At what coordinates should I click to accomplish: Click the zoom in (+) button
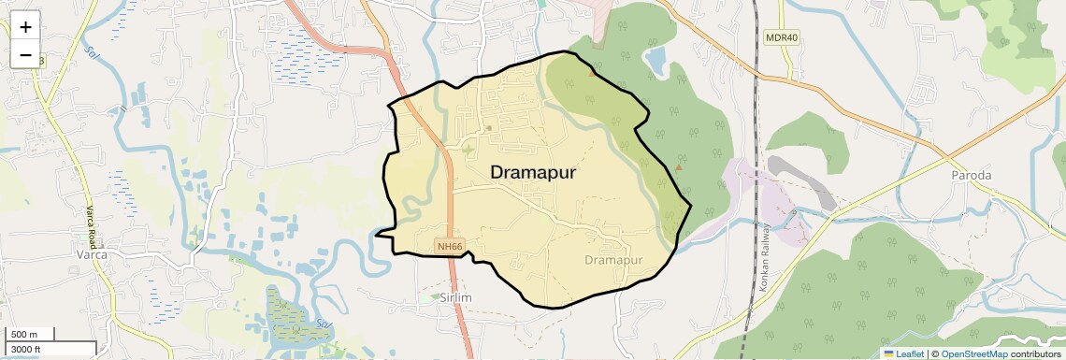click(25, 27)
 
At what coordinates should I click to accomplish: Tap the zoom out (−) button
click(25, 55)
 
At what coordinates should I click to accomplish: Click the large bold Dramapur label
click(532, 173)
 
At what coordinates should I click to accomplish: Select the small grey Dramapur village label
click(615, 259)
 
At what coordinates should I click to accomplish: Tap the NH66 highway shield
click(450, 247)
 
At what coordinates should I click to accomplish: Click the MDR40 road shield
click(782, 37)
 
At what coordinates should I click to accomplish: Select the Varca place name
click(92, 254)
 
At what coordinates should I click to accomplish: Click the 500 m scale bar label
click(24, 335)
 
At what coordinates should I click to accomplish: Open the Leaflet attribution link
click(910, 354)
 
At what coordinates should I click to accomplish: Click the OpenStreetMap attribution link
click(973, 354)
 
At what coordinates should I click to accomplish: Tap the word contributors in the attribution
click(1035, 354)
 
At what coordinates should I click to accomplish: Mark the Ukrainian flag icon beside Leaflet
click(888, 354)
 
